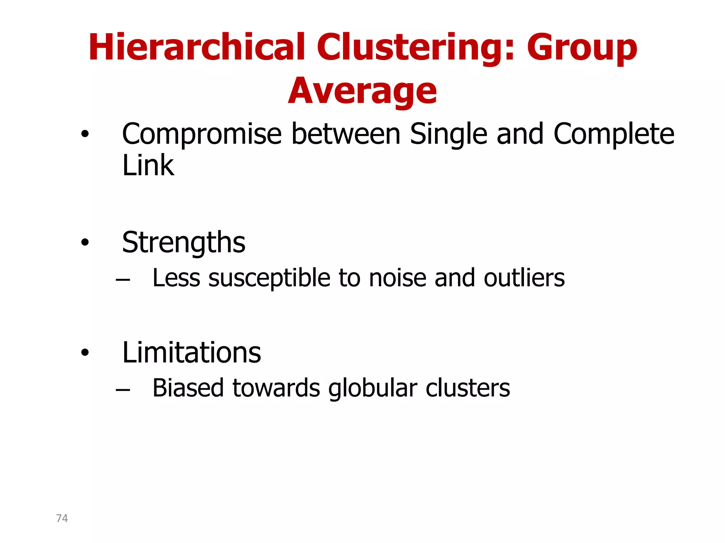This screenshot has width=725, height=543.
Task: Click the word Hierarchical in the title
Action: point(196,47)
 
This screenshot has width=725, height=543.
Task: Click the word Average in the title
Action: point(362,91)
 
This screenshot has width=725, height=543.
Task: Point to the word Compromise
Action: point(202,134)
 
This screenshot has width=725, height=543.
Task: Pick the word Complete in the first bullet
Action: point(614,134)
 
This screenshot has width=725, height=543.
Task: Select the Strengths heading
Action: point(183,243)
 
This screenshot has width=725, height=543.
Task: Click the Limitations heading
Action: point(192,352)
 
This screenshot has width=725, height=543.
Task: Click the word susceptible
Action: point(269,279)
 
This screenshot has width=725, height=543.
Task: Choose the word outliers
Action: point(524,278)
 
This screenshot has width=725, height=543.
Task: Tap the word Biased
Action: point(188,388)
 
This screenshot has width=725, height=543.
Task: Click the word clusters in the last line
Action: point(468,388)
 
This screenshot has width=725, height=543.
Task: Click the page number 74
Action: point(62,518)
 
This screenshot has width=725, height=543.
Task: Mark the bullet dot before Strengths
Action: point(85,243)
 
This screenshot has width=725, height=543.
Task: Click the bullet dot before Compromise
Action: point(85,134)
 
